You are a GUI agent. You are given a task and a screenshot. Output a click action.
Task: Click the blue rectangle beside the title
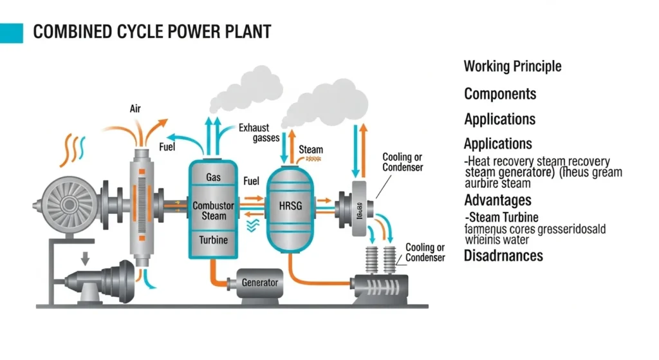11,33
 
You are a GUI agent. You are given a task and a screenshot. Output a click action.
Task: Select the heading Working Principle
512,66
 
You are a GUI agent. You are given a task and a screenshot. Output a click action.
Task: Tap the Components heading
500,94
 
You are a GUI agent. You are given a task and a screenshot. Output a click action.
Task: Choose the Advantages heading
497,200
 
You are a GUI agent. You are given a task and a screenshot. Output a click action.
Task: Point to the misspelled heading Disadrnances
503,256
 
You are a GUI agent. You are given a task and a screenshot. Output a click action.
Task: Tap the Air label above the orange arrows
136,109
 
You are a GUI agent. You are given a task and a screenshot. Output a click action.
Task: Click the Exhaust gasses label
254,133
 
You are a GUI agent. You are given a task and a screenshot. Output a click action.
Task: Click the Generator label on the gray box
259,283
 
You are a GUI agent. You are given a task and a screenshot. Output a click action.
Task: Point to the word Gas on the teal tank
214,177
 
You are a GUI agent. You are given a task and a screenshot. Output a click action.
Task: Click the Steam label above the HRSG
311,149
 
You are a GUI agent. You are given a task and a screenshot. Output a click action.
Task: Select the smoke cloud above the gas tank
243,91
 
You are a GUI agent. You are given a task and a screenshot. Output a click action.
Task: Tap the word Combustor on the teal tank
214,206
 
